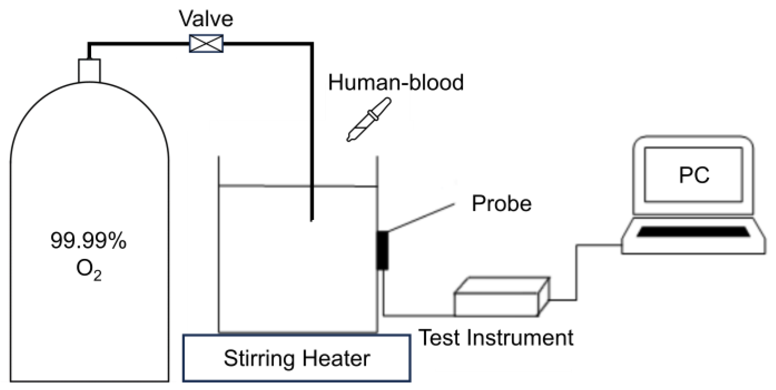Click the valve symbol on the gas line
[206, 44]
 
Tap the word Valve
[206, 19]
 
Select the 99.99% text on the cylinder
[88, 241]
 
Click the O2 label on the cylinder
[88, 269]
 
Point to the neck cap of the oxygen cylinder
[89, 70]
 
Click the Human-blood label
[396, 82]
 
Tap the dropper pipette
[369, 120]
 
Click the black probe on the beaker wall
[382, 250]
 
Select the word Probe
[501, 203]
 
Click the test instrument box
[497, 303]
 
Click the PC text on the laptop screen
[694, 175]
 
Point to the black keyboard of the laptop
[693, 232]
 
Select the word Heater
[336, 359]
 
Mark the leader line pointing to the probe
[421, 217]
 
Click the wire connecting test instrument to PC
[576, 272]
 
